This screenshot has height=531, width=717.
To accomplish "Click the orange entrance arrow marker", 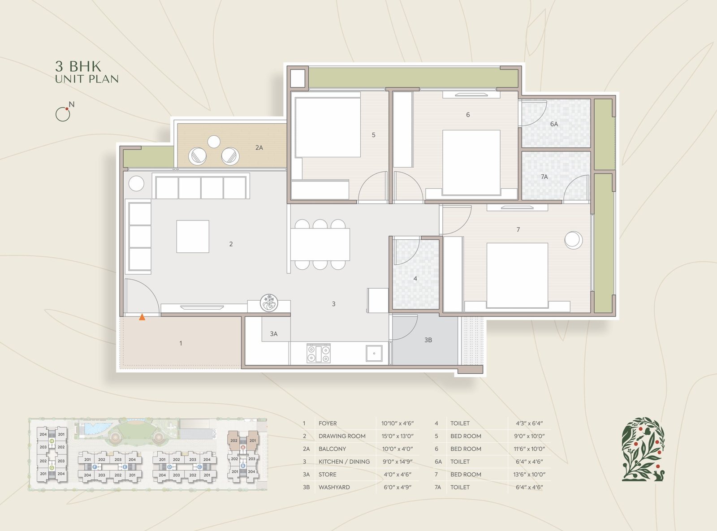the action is [142, 317].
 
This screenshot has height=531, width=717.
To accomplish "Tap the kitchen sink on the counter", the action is [374, 353].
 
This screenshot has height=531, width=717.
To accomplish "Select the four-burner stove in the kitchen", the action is [319, 353].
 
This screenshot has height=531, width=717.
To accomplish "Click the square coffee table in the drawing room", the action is [193, 237].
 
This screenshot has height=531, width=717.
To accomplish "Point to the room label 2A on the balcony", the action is [259, 148].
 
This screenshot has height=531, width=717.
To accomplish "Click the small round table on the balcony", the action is [214, 142].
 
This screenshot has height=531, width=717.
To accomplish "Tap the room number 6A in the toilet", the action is [554, 124].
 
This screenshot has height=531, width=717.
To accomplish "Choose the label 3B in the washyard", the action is [428, 340].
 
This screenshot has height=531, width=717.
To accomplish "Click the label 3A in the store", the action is [274, 334].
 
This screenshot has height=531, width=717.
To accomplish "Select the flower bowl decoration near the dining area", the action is [269, 302].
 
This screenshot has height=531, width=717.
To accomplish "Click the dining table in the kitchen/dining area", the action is [320, 245].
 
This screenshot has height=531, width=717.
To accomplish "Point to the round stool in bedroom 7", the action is [574, 240].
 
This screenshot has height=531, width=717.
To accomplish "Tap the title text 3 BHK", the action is [78, 66].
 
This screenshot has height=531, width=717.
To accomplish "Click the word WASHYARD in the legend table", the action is [334, 487].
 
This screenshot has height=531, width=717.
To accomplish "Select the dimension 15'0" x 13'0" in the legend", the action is [397, 436].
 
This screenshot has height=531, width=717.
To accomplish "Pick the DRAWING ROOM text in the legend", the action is [342, 436].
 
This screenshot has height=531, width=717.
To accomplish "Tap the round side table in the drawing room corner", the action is [136, 184].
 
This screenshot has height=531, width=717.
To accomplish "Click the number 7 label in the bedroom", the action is [518, 229].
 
